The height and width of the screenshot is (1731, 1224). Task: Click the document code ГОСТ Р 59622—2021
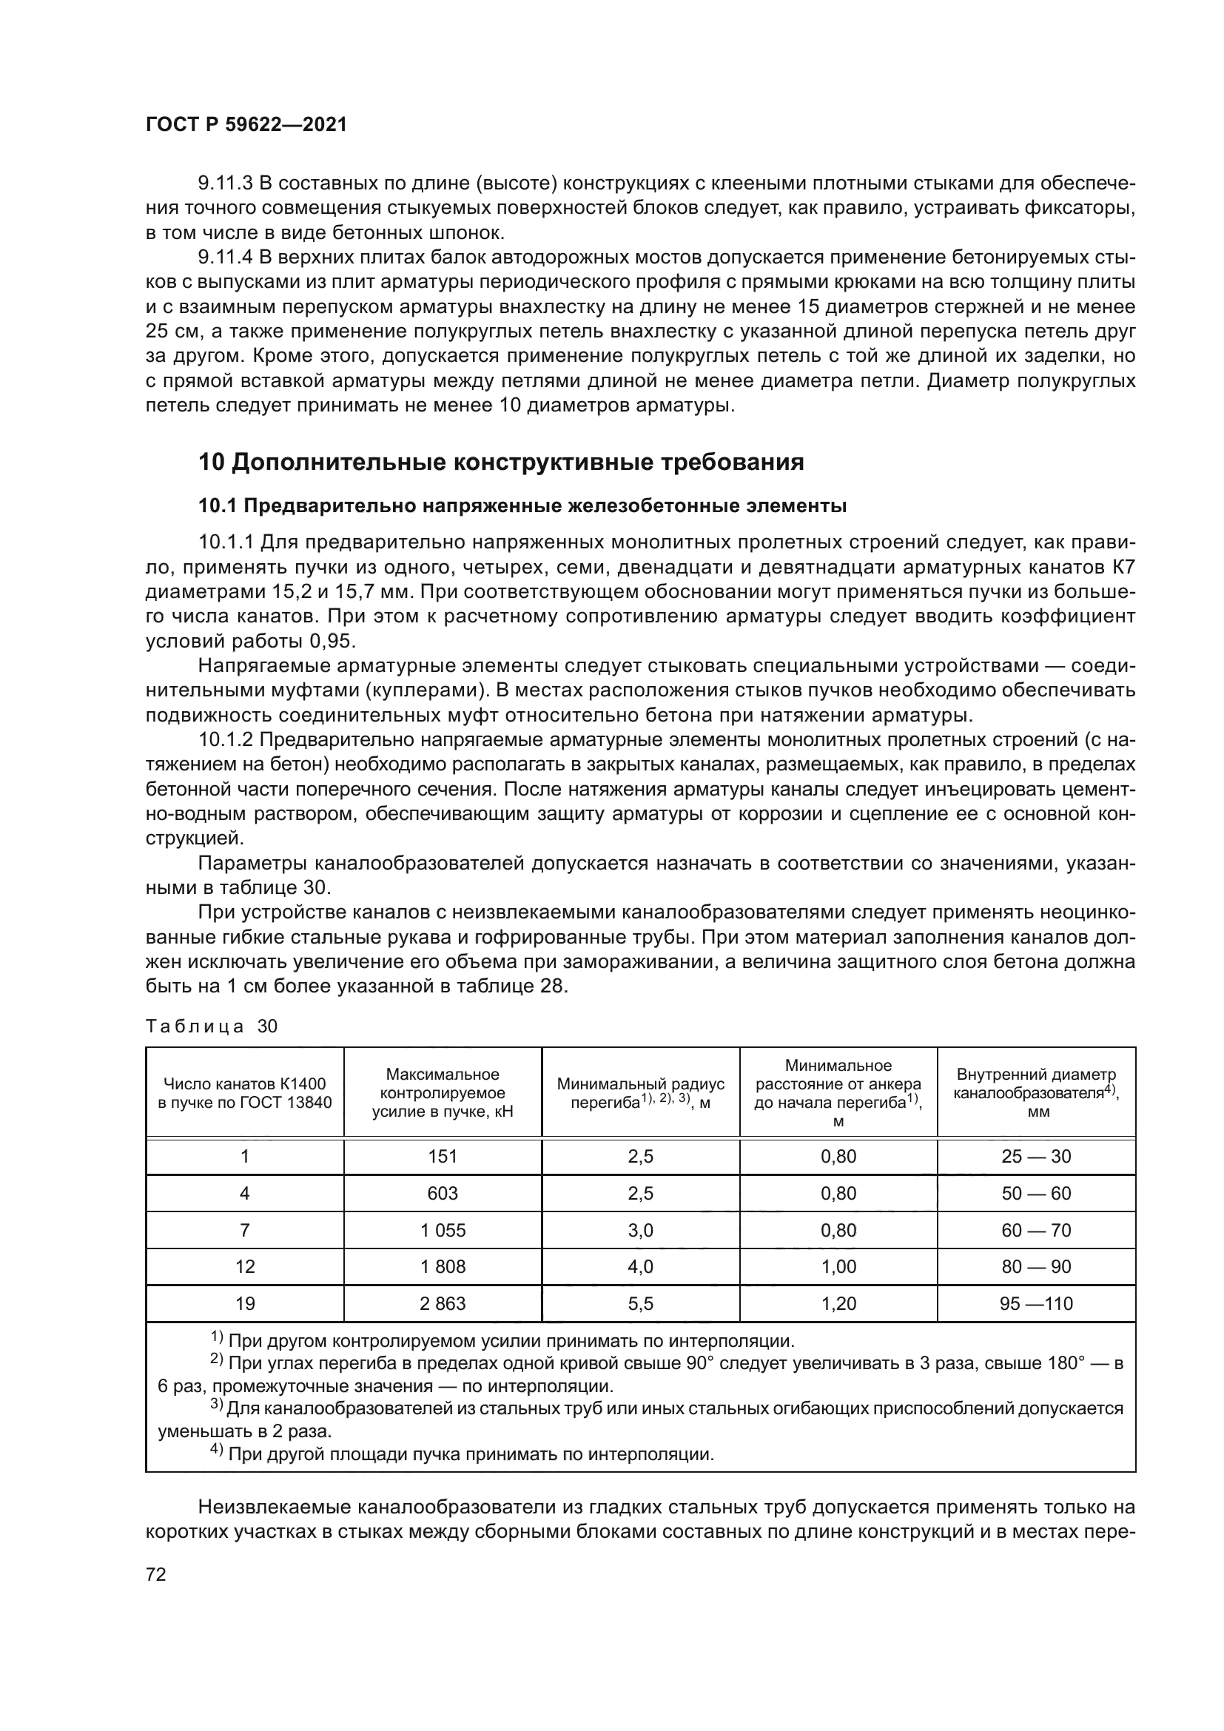(x=246, y=125)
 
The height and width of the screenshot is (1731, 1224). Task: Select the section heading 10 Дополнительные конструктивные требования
(x=501, y=462)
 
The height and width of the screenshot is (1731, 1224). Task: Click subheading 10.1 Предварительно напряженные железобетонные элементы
(x=522, y=506)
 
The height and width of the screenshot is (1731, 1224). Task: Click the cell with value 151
(x=443, y=1157)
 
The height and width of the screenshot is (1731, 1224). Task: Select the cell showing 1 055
(x=443, y=1231)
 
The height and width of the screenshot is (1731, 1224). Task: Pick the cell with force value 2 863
(x=443, y=1303)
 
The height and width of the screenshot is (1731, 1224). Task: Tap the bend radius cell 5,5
(x=640, y=1303)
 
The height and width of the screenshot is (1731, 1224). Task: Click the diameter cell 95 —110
(x=1035, y=1303)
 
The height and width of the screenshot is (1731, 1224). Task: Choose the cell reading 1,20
(x=838, y=1303)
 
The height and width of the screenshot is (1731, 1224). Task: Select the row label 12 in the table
(x=245, y=1266)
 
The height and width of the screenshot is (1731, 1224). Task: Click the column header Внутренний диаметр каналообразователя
(x=1035, y=1092)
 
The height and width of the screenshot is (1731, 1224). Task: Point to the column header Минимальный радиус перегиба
(x=640, y=1092)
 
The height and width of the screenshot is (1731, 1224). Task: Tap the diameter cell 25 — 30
(x=1035, y=1157)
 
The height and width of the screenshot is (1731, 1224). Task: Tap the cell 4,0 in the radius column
(x=640, y=1266)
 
